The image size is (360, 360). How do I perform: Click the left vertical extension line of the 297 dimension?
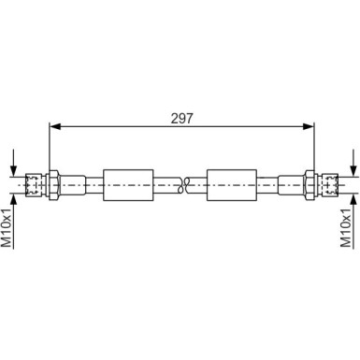point(47,145)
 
